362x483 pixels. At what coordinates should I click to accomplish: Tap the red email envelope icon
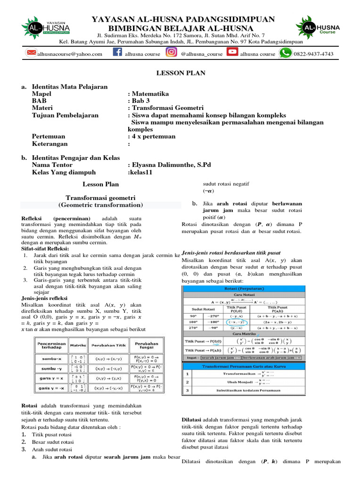[x=31, y=53]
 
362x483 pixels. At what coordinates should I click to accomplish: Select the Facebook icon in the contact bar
[x=117, y=53]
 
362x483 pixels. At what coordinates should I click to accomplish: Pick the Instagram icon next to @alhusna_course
[x=172, y=53]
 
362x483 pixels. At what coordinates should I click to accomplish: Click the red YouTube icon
[x=232, y=53]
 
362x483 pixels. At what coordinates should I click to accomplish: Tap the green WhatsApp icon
[x=285, y=53]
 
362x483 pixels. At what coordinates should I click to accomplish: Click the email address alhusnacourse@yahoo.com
[x=70, y=54]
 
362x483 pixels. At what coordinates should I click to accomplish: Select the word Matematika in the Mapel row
[x=150, y=93]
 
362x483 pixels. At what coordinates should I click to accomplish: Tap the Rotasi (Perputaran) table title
[x=243, y=289]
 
